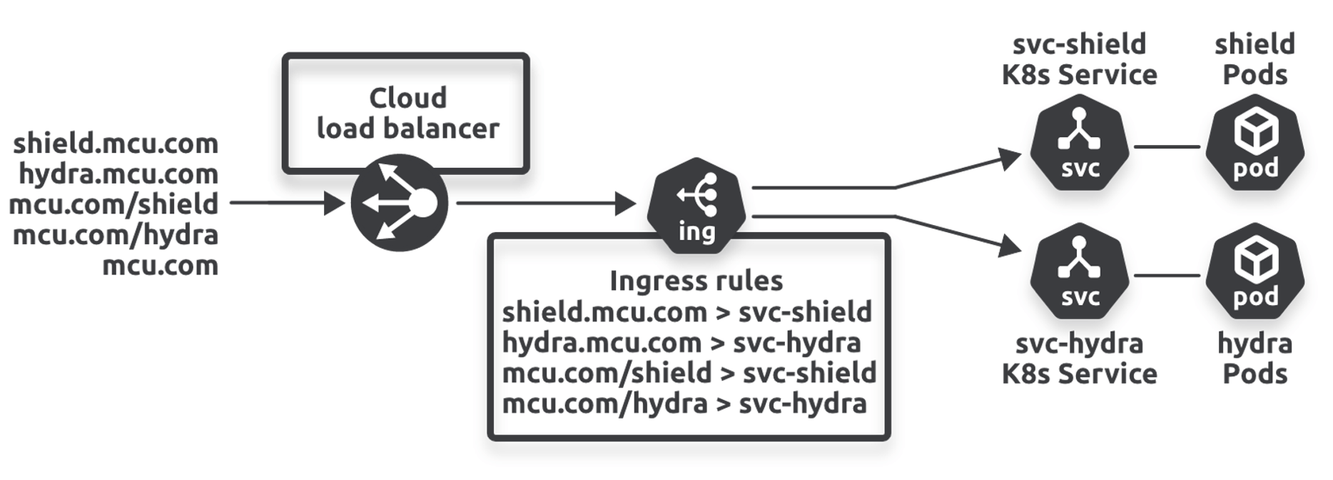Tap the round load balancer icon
[400, 203]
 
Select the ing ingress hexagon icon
[696, 206]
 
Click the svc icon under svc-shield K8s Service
[1079, 144]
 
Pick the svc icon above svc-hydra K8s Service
[1079, 271]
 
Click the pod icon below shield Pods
[1255, 144]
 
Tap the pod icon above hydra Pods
[1255, 271]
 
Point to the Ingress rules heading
[696, 281]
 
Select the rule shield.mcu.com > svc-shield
[686, 312]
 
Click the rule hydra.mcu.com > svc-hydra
[681, 343]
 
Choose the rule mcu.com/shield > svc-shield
[689, 373]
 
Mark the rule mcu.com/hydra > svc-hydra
[684, 404]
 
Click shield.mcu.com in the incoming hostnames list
[116, 144]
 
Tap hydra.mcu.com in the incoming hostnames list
[118, 174]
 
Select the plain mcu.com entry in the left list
[161, 266]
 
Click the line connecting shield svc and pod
[1167, 147]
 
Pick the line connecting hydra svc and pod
[1167, 275]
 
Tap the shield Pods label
[1255, 59]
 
